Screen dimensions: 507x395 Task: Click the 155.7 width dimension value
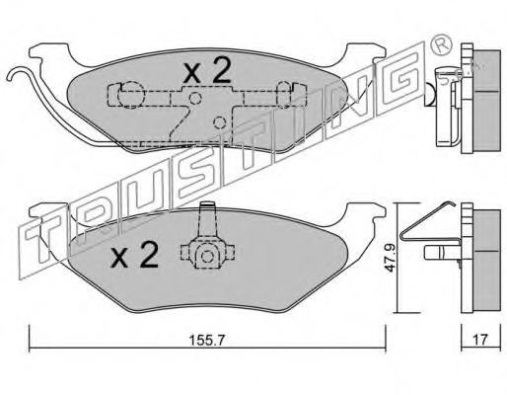[206, 341]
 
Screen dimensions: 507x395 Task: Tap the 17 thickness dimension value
[480, 340]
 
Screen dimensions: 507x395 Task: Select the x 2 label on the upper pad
[207, 70]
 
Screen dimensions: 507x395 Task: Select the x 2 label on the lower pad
[134, 255]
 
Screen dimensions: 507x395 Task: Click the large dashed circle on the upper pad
[131, 95]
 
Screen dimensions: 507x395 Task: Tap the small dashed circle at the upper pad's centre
[195, 98]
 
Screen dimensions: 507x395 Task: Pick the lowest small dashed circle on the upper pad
[219, 122]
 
